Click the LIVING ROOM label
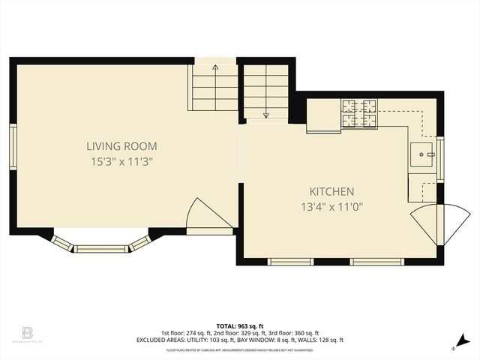[121, 146]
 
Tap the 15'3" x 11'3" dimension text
[121, 161]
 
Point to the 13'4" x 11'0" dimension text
[332, 207]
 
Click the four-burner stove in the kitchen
[359, 113]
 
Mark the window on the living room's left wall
[13, 147]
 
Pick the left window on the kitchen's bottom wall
[291, 262]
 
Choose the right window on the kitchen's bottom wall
[373, 262]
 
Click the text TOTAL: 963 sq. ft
[239, 326]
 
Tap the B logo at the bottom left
[27, 331]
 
